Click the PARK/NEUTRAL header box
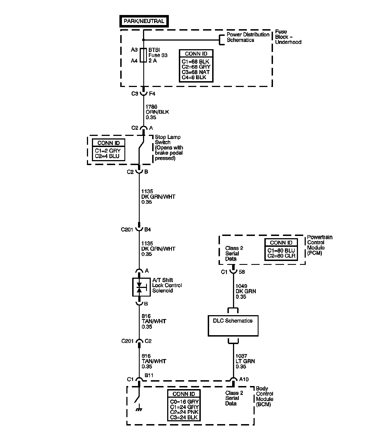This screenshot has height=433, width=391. pyautogui.click(x=144, y=21)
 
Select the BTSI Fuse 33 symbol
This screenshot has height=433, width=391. pyautogui.click(x=143, y=55)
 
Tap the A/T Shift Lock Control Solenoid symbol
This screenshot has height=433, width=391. pyautogui.click(x=139, y=287)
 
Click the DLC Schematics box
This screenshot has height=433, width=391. pyautogui.click(x=233, y=325)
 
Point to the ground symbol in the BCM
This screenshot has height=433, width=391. pyautogui.click(x=139, y=410)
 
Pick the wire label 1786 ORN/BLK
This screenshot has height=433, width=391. pyautogui.click(x=157, y=112)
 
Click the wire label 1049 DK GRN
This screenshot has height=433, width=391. pyautogui.click(x=246, y=291)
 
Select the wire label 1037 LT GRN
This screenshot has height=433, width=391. pyautogui.click(x=245, y=361)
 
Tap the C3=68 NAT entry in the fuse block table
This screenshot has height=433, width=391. pyautogui.click(x=196, y=72)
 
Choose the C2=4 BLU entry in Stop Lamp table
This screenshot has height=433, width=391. pyautogui.click(x=107, y=156)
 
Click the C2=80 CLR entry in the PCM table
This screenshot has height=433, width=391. pyautogui.click(x=281, y=256)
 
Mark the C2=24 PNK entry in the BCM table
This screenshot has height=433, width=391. pyautogui.click(x=184, y=412)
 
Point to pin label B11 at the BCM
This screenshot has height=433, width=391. pyautogui.click(x=149, y=375)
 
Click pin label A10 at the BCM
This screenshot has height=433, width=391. pyautogui.click(x=244, y=379)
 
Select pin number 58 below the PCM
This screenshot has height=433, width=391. pyautogui.click(x=242, y=272)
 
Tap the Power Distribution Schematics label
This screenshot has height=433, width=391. pyautogui.click(x=248, y=37)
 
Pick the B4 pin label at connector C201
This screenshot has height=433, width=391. pyautogui.click(x=147, y=230)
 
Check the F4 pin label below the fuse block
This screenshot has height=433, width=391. pyautogui.click(x=152, y=94)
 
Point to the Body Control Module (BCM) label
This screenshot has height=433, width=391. pyautogui.click(x=264, y=396)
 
